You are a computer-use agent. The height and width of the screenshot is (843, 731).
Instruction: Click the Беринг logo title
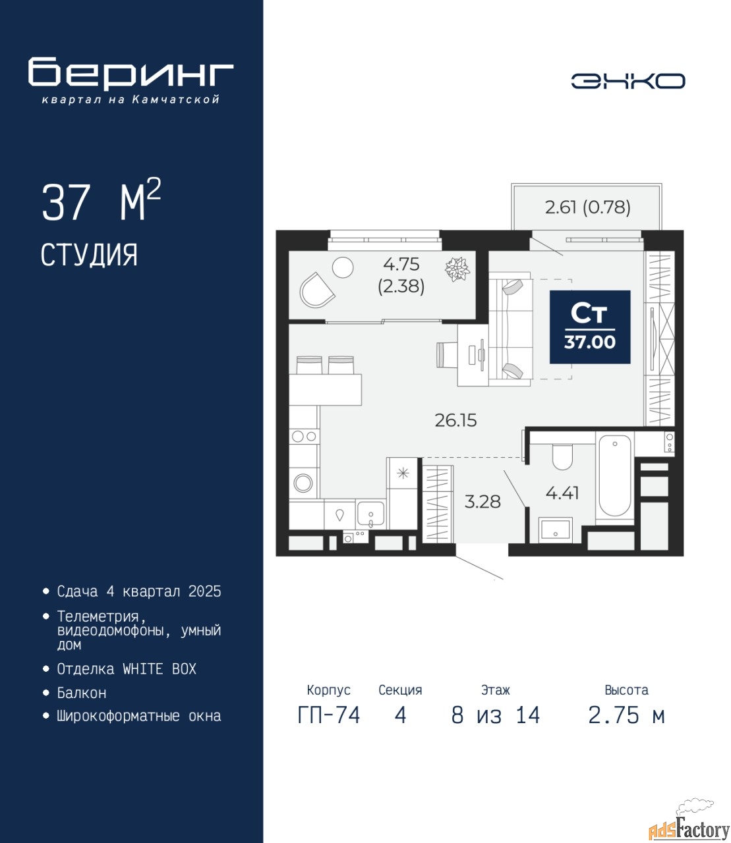click(131, 74)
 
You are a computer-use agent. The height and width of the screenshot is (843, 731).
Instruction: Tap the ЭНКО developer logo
click(628, 81)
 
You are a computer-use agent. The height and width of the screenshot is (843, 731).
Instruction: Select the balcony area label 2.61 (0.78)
click(588, 207)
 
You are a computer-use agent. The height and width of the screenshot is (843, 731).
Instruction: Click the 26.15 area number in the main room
click(455, 420)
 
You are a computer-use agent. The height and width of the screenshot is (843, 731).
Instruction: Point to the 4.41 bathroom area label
click(562, 493)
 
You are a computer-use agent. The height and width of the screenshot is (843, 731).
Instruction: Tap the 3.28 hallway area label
click(482, 502)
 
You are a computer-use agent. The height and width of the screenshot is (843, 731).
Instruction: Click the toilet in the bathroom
click(562, 457)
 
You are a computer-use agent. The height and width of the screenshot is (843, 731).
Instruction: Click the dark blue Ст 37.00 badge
click(590, 327)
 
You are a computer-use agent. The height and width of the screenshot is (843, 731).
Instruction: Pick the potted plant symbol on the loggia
click(457, 269)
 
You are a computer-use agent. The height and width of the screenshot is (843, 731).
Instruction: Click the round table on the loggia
click(343, 267)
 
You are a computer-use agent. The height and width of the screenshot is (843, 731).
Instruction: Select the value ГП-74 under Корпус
click(329, 715)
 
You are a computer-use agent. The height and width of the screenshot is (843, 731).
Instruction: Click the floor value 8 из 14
click(495, 715)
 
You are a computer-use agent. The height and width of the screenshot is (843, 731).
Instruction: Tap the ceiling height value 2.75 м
click(626, 715)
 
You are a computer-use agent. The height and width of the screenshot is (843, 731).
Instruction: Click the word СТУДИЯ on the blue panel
click(89, 256)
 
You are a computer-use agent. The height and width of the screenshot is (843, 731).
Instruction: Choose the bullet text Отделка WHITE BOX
click(127, 669)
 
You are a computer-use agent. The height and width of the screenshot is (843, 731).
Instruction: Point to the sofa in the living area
click(511, 332)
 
